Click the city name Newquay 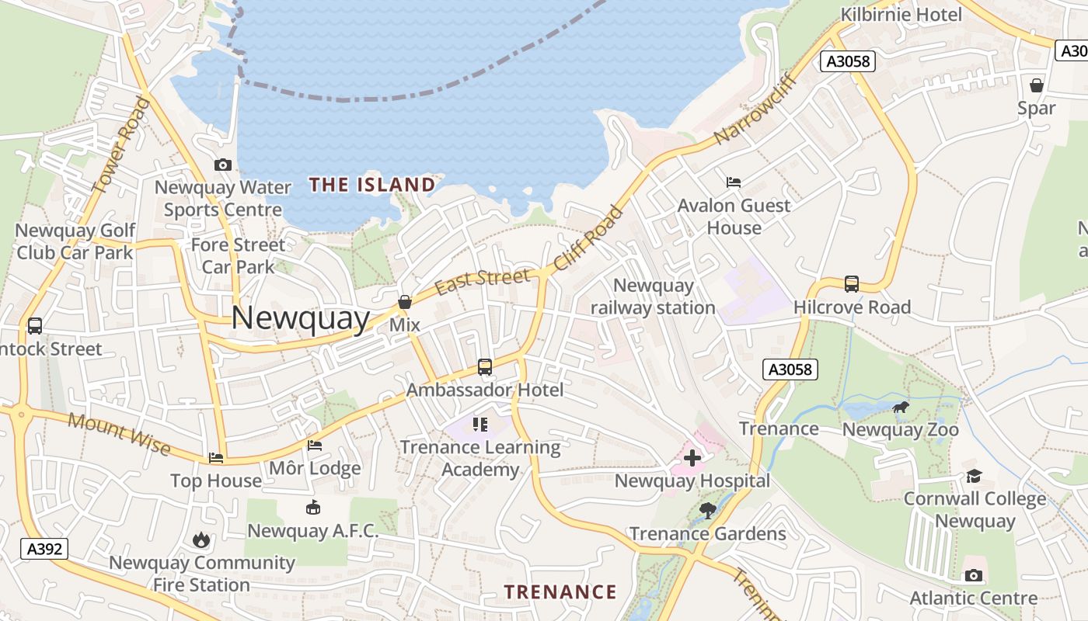[x=300, y=318]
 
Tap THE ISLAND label [x=372, y=185]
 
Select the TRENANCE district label [x=560, y=592]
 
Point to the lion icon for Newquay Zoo [x=901, y=408]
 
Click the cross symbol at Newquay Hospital [x=692, y=458]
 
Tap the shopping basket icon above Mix [x=404, y=302]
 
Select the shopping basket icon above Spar [x=1036, y=85]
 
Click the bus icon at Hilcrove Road [x=852, y=284]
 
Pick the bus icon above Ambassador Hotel [x=485, y=366]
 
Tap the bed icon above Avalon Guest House [x=733, y=182]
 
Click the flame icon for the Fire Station [x=201, y=539]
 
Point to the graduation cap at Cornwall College [x=974, y=476]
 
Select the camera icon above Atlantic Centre [x=973, y=575]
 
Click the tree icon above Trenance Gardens [x=707, y=510]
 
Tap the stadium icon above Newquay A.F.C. [x=312, y=508]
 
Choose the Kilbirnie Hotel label [x=901, y=15]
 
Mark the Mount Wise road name [x=118, y=432]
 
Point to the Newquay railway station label [x=653, y=297]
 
